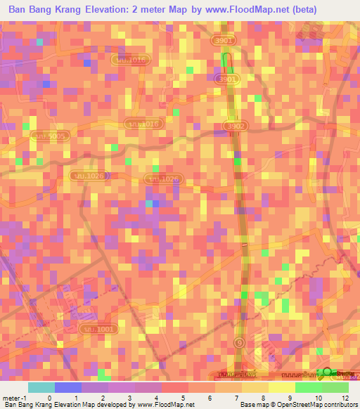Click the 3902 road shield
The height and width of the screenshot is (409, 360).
tap(236, 125)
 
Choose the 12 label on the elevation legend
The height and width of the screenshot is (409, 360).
tap(346, 397)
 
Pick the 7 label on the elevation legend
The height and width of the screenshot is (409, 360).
tap(236, 397)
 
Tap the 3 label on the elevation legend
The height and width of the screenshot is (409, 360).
tap(129, 397)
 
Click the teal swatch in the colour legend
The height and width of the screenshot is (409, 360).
tap(41, 387)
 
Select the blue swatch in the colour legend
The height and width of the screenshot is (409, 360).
tap(68, 387)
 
